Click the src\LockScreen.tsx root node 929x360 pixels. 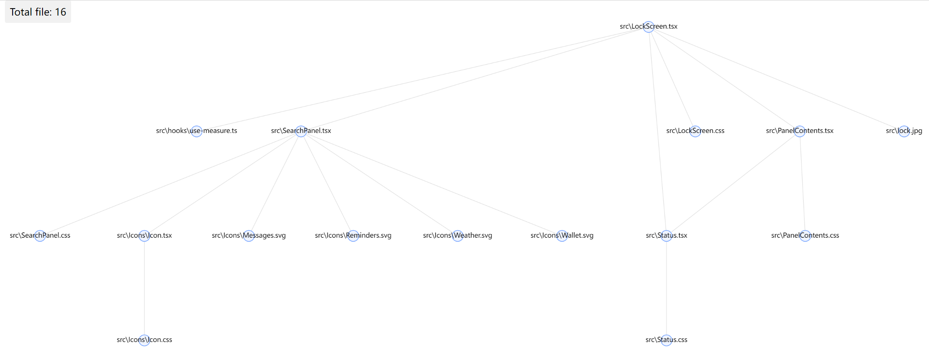tap(649, 27)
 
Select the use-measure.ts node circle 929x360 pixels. tap(196, 131)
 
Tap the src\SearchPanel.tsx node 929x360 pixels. tap(301, 131)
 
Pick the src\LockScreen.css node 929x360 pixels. tap(695, 131)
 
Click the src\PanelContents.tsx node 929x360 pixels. tap(799, 131)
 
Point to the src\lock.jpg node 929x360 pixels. tap(904, 131)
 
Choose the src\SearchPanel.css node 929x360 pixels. tap(40, 236)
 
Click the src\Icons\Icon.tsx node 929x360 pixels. tap(144, 236)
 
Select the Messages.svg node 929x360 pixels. tap(249, 236)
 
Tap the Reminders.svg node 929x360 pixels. tap(353, 236)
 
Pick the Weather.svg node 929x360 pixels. tap(458, 236)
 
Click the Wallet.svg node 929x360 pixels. tap(562, 236)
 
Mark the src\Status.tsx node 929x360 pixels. tap(666, 236)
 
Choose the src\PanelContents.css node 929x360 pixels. tap(805, 236)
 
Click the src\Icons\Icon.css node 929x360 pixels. tap(144, 340)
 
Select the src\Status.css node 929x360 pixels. tap(666, 340)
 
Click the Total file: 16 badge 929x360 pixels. tap(38, 12)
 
